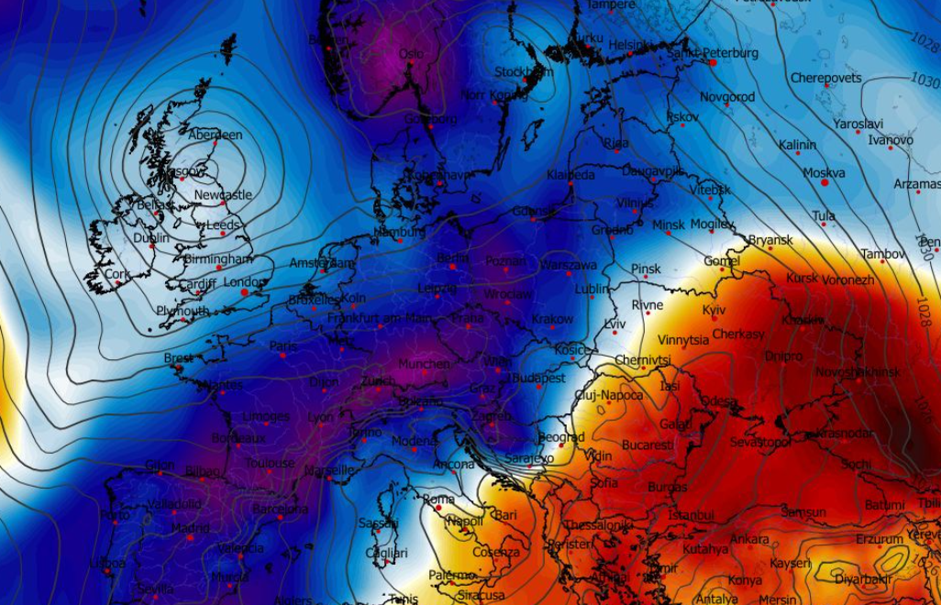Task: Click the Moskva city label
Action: click(x=824, y=172)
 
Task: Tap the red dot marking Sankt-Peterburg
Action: click(x=713, y=62)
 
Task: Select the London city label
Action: click(x=244, y=282)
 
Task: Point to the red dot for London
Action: click(x=244, y=292)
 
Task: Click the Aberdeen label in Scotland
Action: click(x=217, y=135)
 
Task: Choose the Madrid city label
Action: click(x=190, y=528)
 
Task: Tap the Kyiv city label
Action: click(x=714, y=311)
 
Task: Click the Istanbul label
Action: click(x=692, y=515)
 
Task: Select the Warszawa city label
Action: click(x=569, y=265)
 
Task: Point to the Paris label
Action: click(x=282, y=346)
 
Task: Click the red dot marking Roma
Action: click(x=438, y=507)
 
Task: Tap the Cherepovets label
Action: click(x=825, y=78)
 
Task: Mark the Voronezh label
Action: click(x=848, y=280)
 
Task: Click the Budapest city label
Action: click(x=538, y=378)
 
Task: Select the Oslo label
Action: click(x=411, y=54)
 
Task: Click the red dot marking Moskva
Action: click(x=825, y=183)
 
